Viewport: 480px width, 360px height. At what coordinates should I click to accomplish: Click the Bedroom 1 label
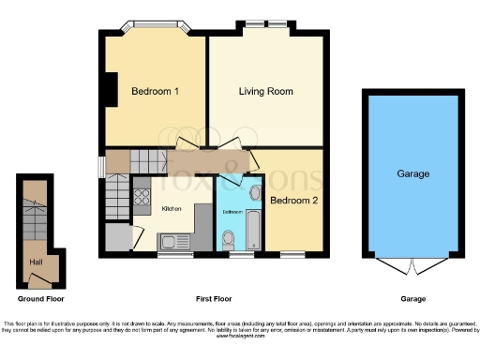pyautogui.click(x=155, y=91)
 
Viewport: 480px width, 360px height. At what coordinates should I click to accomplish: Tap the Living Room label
pyautogui.click(x=266, y=91)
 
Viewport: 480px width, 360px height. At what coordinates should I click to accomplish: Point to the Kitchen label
pyautogui.click(x=172, y=208)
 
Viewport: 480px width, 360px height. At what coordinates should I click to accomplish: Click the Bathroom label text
pyautogui.click(x=232, y=212)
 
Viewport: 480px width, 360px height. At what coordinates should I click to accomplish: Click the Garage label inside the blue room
pyautogui.click(x=412, y=173)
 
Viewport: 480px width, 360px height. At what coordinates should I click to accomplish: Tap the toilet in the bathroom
pyautogui.click(x=231, y=240)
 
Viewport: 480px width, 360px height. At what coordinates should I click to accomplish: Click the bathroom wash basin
pyautogui.click(x=255, y=191)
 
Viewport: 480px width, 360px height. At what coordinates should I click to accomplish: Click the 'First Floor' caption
pyautogui.click(x=216, y=298)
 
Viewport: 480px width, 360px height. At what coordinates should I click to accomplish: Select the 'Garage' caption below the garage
pyautogui.click(x=412, y=298)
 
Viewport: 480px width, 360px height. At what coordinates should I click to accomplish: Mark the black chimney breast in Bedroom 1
pyautogui.click(x=110, y=90)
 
